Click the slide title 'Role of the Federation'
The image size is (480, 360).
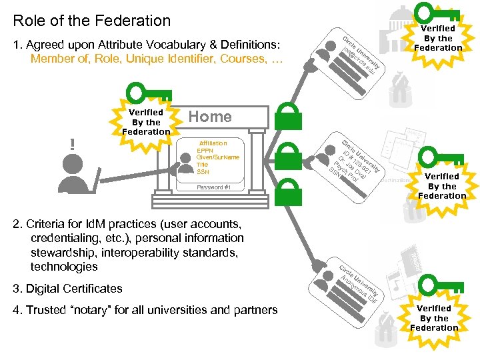91,21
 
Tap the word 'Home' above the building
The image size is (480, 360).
210,117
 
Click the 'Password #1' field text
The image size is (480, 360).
213,187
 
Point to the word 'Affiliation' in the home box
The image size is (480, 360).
213,143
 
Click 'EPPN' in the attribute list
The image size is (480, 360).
204,151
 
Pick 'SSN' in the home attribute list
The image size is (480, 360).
203,172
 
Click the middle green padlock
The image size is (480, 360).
288,154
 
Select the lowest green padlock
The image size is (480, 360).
288,193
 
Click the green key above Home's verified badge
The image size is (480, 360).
146,93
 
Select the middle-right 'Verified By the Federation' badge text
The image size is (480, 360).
442,186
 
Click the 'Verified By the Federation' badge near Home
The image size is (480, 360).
146,122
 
